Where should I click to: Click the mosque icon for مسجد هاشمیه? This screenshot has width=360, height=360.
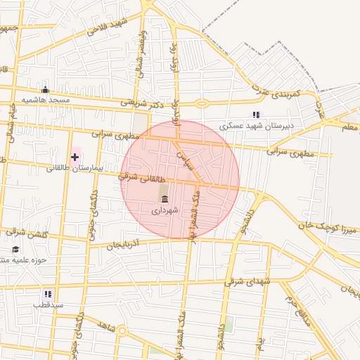coord(46,89)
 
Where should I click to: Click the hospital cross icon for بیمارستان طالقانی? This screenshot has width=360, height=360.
coord(75,156)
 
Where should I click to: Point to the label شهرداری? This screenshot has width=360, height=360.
coord(166,210)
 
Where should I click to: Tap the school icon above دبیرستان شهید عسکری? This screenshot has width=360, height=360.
coord(256,115)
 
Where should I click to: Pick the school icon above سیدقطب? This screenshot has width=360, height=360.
coord(48,294)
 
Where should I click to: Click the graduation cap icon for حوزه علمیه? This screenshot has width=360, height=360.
coord(15,249)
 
